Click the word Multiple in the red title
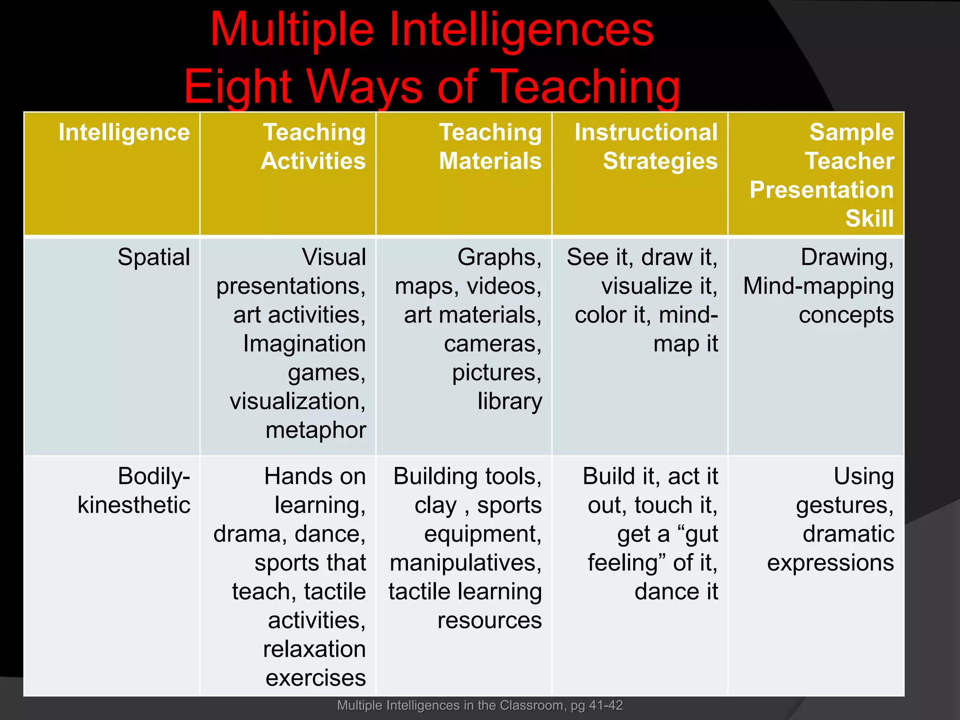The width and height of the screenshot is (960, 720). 292,30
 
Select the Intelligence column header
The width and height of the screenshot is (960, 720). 124,133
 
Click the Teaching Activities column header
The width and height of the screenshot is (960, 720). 314,147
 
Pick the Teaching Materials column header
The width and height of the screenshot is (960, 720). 490,147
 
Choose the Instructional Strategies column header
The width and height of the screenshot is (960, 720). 646,147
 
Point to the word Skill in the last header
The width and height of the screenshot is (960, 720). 870,218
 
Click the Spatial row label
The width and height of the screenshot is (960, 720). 154,257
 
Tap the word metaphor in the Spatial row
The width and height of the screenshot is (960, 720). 315,430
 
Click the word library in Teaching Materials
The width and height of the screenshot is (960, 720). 510,402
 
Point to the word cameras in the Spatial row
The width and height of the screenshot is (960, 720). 492,344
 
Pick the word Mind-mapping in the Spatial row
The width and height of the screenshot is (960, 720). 818,286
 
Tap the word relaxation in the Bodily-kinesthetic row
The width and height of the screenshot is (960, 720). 314,649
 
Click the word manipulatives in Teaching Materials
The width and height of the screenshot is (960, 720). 465,563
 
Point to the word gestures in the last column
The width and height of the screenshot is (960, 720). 844,505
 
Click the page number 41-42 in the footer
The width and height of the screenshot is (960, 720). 608,705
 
